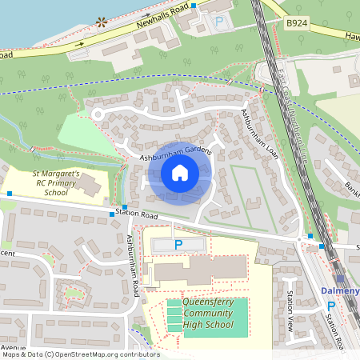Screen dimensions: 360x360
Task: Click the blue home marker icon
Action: [180, 173]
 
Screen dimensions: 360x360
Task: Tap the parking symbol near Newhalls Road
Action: [219, 24]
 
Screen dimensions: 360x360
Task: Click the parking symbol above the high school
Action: [178, 244]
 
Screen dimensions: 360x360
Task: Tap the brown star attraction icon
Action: [101, 22]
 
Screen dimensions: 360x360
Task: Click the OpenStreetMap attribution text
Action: [80, 354]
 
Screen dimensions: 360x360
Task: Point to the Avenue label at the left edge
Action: [13, 348]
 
